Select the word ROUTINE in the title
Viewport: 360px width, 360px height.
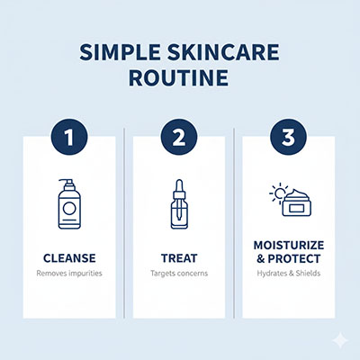[180, 79]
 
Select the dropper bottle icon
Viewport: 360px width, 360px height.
[178, 205]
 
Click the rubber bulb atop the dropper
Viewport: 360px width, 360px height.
[178, 185]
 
